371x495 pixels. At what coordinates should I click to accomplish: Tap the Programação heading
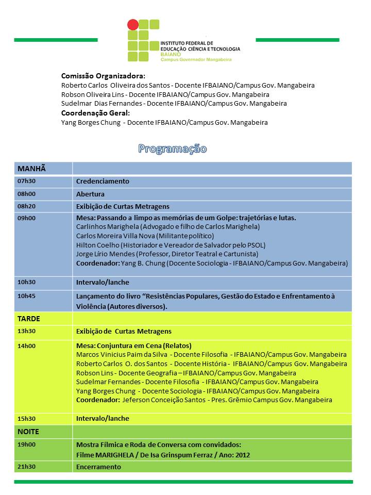pyautogui.click(x=172, y=149)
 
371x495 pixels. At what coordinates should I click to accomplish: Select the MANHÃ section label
pyautogui.click(x=32, y=169)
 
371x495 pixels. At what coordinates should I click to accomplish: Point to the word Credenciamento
pyautogui.click(x=103, y=181)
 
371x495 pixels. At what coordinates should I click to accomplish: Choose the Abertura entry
pyautogui.click(x=90, y=194)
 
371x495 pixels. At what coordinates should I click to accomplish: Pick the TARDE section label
pyautogui.click(x=29, y=319)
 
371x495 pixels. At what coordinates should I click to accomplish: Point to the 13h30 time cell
pyautogui.click(x=26, y=331)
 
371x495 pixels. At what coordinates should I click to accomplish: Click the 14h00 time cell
pyautogui.click(x=26, y=345)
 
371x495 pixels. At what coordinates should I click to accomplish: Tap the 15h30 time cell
pyautogui.click(x=26, y=418)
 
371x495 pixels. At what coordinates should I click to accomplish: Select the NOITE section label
pyautogui.click(x=28, y=432)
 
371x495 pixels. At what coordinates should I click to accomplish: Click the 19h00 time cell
pyautogui.click(x=26, y=444)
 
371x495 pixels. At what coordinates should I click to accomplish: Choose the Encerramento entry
pyautogui.click(x=98, y=467)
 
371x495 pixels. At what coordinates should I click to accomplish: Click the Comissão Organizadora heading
pyautogui.click(x=103, y=75)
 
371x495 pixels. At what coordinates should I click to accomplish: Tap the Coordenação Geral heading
pyautogui.click(x=95, y=113)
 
